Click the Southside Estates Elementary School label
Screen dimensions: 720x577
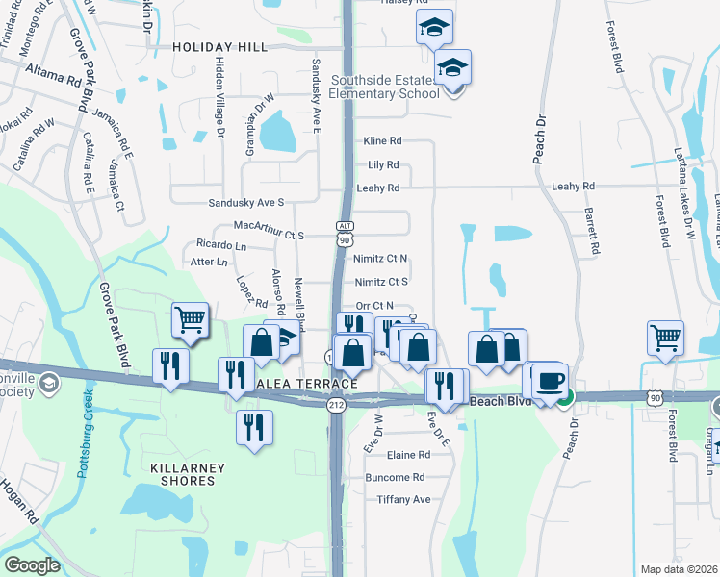[385, 87]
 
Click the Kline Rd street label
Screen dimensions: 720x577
[382, 140]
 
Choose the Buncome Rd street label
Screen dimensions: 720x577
[395, 477]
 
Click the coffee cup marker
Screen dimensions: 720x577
[551, 381]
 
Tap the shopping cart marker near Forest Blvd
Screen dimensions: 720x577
[666, 338]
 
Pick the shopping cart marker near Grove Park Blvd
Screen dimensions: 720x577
[191, 320]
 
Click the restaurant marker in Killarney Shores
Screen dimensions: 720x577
[254, 427]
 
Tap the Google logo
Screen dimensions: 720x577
[32, 564]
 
